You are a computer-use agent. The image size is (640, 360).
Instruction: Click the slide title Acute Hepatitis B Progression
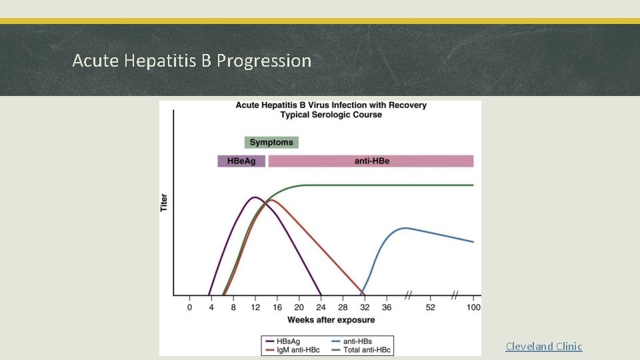[191, 61]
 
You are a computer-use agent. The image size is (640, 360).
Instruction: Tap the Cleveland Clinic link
[543, 346]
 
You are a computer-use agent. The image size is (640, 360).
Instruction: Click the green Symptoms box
[271, 142]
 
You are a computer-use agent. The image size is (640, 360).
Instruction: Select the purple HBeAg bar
[241, 161]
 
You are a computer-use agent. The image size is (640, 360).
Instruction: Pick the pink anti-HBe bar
[371, 161]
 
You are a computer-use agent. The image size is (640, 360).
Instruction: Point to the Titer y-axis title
[164, 203]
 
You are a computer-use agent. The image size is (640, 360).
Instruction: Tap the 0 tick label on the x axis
[189, 307]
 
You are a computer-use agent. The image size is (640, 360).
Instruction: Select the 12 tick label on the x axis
[255, 307]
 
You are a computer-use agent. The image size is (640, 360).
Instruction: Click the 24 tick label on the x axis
[321, 307]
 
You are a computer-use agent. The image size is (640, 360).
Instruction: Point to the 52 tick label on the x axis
[430, 307]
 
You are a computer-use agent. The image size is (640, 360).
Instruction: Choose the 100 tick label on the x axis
[474, 307]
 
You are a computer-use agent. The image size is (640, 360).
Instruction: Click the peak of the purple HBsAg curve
[254, 197]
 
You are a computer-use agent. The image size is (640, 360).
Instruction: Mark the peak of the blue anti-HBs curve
[405, 228]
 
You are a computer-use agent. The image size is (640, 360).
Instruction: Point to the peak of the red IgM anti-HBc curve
[271, 199]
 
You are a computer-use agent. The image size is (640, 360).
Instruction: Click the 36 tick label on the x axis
[386, 307]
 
